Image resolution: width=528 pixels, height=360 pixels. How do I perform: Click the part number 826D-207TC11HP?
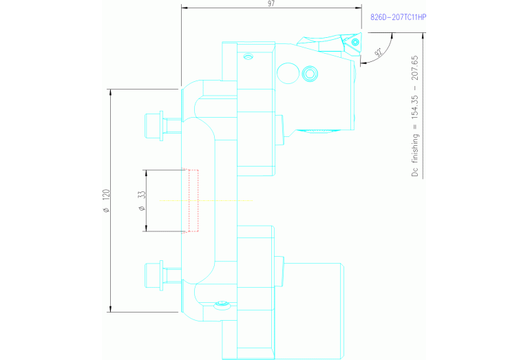[x=399, y=17]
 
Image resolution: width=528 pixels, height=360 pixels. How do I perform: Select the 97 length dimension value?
[x=271, y=3]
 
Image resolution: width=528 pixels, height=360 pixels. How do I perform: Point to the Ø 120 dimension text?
[x=106, y=201]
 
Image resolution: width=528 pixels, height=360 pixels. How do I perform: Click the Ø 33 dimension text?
[x=142, y=201]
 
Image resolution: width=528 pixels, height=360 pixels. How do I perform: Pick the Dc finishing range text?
[x=415, y=116]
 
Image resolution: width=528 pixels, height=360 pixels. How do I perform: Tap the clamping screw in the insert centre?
[x=355, y=43]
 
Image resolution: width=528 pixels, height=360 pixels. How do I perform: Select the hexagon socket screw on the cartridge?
[x=310, y=74]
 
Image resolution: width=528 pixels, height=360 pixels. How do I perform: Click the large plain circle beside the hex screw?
[x=288, y=73]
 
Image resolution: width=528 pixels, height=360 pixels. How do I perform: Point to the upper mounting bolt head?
[x=154, y=126]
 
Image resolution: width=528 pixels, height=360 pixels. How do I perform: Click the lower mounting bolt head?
[x=154, y=276]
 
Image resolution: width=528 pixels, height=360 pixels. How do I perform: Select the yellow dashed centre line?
[x=206, y=201]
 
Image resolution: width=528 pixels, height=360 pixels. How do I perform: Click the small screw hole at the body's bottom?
[x=222, y=305]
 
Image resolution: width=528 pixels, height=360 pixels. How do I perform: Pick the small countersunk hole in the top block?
[x=249, y=56]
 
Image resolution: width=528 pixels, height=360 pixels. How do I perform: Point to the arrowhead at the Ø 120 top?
[x=111, y=92]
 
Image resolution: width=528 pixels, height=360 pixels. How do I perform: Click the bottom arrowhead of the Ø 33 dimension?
[x=146, y=229]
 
